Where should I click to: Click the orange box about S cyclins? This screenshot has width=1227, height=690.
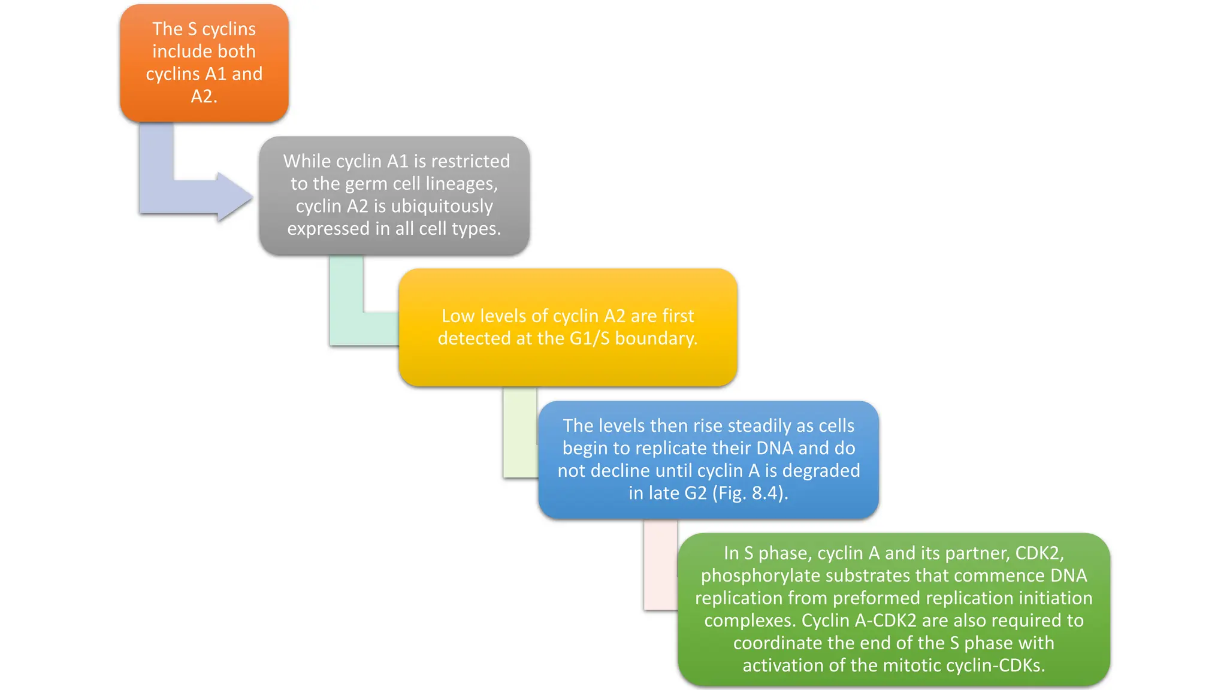[x=204, y=63]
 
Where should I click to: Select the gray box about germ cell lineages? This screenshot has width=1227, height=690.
[x=394, y=195]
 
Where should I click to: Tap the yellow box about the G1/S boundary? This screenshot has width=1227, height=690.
[x=567, y=327]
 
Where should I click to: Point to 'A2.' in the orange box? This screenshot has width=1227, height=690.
[x=204, y=96]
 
